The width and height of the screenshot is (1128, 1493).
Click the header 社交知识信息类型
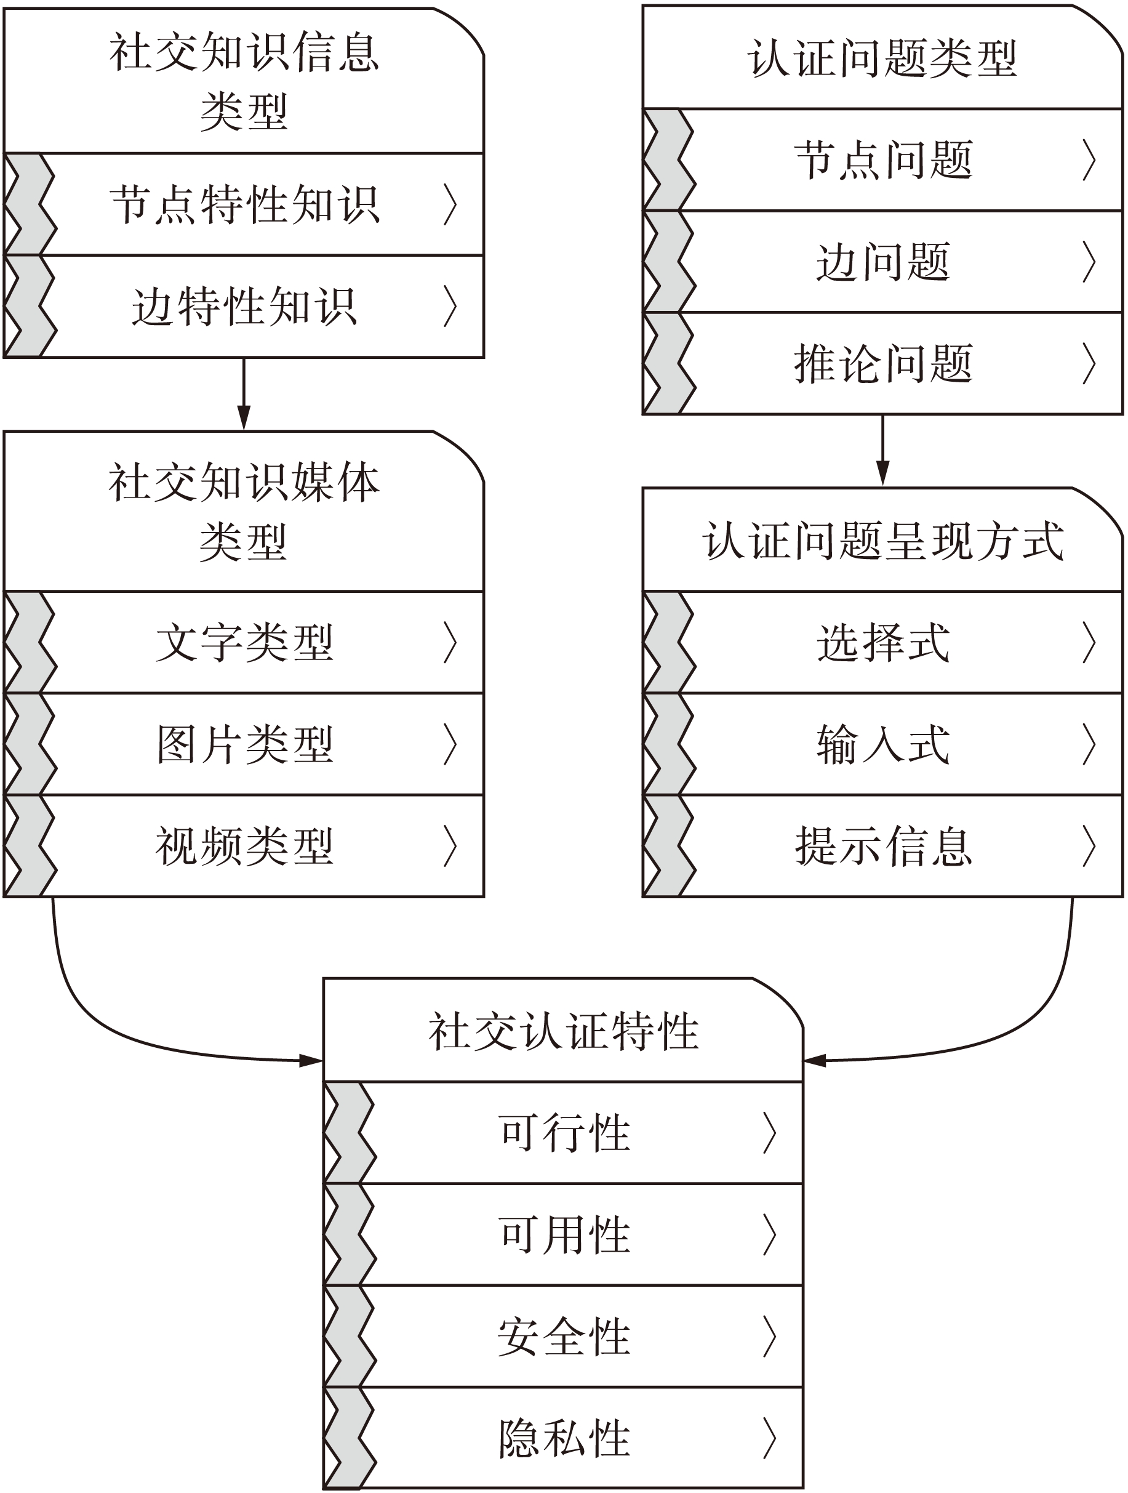(x=244, y=81)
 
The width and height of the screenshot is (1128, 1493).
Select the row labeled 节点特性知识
(x=244, y=204)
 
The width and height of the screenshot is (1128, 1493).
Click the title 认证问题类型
(x=882, y=58)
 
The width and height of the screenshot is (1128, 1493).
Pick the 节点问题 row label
(x=882, y=160)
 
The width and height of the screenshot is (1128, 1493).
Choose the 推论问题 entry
(x=882, y=364)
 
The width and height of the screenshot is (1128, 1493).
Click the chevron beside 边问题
(x=1089, y=262)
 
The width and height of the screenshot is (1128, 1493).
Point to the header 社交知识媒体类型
(x=244, y=512)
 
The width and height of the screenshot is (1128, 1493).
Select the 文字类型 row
(x=244, y=642)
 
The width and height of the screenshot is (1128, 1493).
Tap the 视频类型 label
(x=244, y=846)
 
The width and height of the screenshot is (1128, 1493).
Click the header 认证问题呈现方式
(x=882, y=541)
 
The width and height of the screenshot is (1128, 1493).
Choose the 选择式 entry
(x=882, y=642)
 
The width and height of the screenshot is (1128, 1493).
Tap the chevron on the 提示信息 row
(x=1089, y=846)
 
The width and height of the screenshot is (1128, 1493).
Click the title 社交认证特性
(x=563, y=1031)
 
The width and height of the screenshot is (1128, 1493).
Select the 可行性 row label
(x=563, y=1133)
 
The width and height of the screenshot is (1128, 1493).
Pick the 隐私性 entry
(x=563, y=1438)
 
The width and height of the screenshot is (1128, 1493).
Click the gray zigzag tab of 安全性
(x=348, y=1337)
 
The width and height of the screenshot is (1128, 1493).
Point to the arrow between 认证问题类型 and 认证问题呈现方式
(x=882, y=450)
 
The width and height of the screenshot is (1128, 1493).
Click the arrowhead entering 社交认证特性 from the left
(x=311, y=1060)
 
